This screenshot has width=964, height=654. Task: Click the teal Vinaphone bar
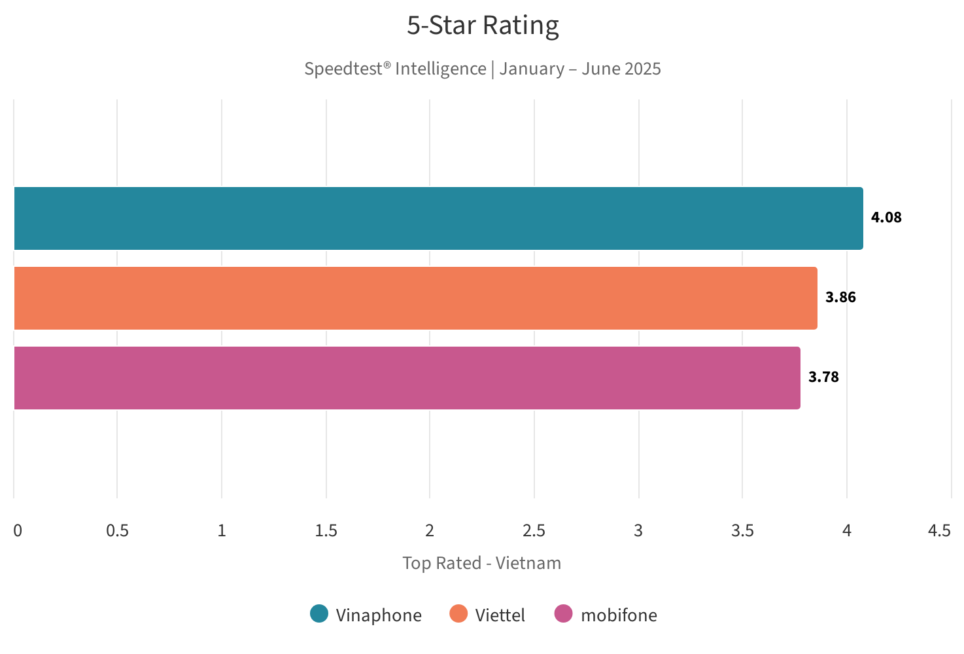click(438, 218)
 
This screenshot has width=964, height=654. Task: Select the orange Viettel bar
click(415, 298)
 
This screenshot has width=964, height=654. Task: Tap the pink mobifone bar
click(407, 378)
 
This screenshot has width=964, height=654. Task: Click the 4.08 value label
click(886, 218)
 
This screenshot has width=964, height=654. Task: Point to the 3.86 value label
click(840, 298)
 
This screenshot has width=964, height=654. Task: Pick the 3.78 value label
click(823, 377)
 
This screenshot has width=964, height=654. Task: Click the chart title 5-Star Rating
click(483, 26)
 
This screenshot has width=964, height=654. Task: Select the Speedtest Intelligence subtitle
click(483, 69)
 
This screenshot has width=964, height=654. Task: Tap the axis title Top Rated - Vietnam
click(482, 563)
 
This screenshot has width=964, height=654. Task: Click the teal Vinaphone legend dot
click(319, 614)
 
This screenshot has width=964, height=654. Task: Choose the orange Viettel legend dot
click(459, 614)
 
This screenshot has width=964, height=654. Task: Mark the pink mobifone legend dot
click(563, 614)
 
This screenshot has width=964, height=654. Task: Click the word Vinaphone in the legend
click(379, 615)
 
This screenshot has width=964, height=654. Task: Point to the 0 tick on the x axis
click(18, 531)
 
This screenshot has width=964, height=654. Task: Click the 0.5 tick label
click(118, 531)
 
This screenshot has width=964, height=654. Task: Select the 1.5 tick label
click(326, 531)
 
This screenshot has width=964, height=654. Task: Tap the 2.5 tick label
click(534, 531)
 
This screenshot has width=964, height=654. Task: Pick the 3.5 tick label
click(742, 531)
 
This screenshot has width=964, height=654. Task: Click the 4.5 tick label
click(939, 531)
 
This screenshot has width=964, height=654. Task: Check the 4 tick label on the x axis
click(847, 531)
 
